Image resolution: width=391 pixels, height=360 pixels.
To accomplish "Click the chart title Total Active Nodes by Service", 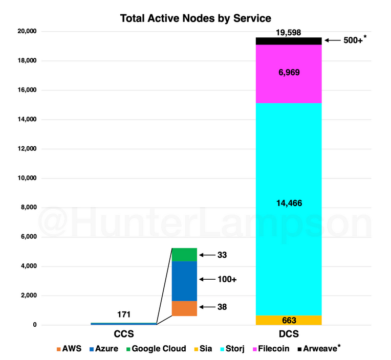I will coord(196,19).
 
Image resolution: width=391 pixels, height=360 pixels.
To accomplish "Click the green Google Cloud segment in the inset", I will coord(184,254).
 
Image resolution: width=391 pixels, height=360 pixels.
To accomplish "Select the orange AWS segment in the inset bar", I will coord(184,308).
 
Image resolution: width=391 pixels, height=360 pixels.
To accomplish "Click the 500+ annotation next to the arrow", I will coord(354,40).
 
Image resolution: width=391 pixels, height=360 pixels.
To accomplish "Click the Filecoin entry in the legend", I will coord(272,349).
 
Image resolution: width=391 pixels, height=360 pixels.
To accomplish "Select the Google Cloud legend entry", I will coord(155,349).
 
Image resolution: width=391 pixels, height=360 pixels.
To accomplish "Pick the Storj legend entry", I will coord(232,349).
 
